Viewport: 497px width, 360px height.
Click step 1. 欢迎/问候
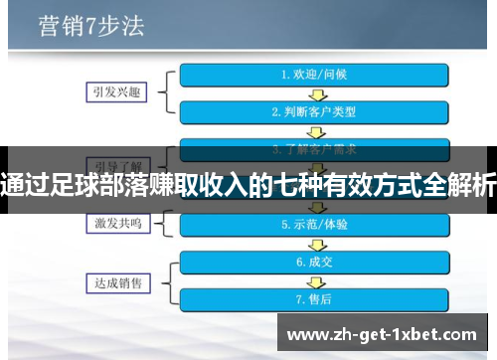click(315, 75)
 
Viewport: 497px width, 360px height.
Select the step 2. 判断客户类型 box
click(315, 111)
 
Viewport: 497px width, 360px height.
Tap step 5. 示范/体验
click(315, 225)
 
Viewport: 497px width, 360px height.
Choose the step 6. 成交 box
click(315, 263)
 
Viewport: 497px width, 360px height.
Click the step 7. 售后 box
click(315, 298)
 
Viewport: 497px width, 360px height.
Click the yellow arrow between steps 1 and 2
click(315, 92)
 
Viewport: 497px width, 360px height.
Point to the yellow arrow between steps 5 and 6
click(315, 244)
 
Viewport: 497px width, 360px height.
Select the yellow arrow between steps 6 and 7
click(315, 280)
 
